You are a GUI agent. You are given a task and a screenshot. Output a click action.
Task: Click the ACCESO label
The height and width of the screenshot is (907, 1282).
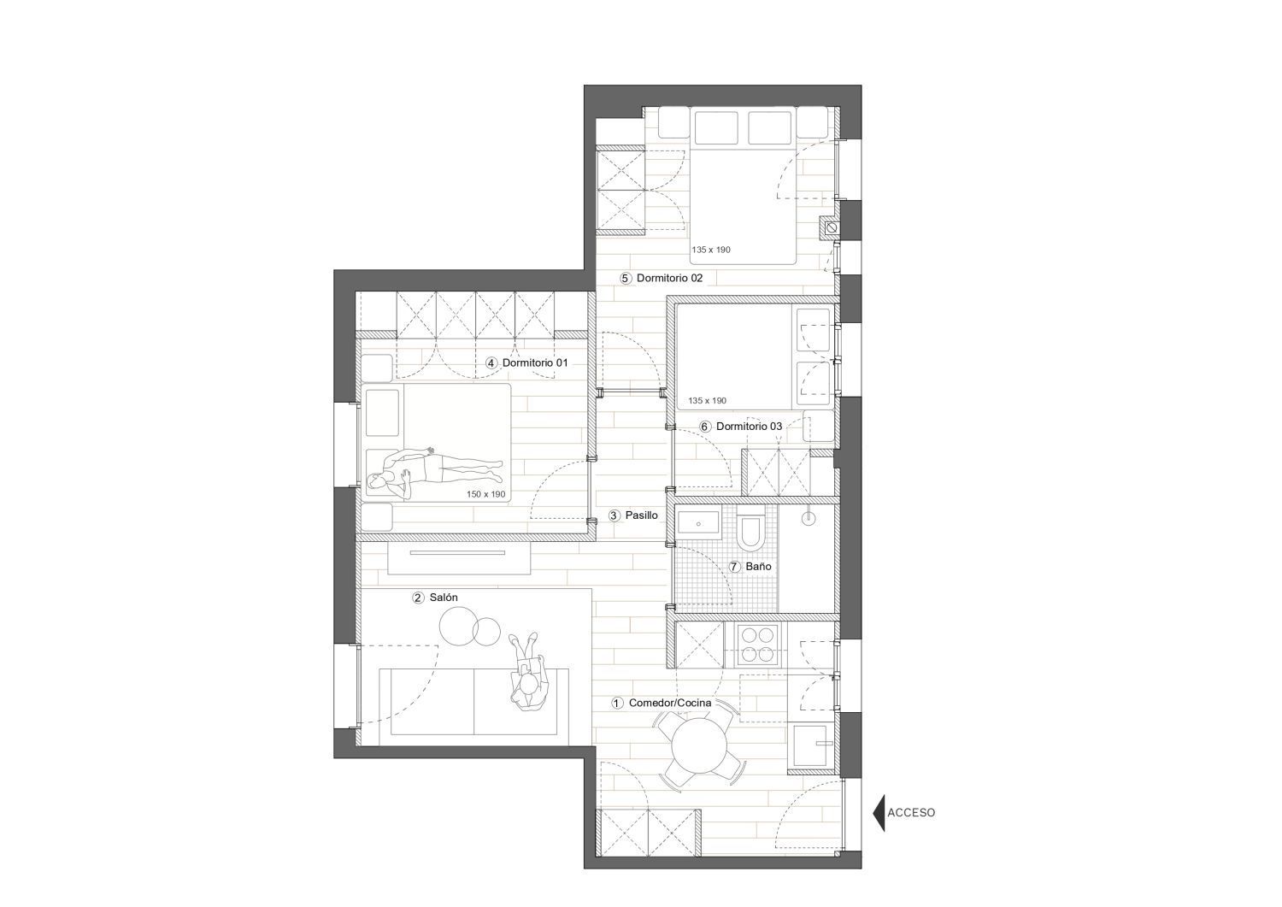911,812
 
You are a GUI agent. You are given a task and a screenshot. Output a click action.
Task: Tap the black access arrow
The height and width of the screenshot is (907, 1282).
879,812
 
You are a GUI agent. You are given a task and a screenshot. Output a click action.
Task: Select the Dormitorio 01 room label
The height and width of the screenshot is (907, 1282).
534,362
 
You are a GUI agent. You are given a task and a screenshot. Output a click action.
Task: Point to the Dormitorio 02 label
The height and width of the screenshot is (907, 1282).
669,279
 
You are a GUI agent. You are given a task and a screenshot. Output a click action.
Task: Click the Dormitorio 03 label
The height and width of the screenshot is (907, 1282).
750,426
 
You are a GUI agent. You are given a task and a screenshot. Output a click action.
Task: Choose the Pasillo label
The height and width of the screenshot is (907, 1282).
641,515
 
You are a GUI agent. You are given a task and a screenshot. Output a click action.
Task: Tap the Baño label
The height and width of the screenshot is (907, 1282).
758,566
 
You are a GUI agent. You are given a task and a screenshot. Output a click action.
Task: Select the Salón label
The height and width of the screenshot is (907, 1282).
444,598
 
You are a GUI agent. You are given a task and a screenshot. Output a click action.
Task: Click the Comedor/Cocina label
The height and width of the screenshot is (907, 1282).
669,703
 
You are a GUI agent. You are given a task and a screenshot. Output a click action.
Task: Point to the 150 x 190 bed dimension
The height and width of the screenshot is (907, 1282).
486,494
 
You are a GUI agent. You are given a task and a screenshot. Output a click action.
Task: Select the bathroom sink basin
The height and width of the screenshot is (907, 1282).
698,524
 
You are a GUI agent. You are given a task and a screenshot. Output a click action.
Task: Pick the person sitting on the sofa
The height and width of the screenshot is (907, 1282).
528,672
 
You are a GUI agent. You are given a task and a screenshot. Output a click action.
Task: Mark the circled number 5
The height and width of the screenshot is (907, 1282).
625,279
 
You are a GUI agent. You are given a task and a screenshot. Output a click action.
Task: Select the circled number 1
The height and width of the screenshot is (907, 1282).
617,704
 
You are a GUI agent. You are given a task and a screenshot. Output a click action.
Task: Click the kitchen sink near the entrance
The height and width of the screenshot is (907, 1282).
812,745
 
